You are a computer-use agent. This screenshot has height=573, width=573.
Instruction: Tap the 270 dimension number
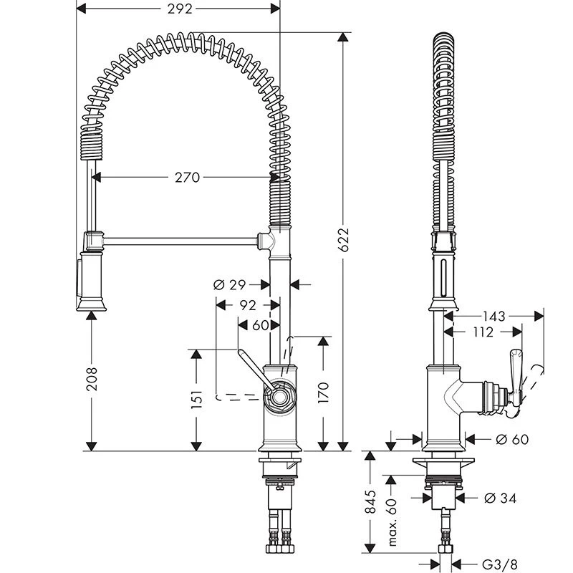click(187, 177)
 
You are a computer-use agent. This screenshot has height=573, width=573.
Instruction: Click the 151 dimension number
click(198, 399)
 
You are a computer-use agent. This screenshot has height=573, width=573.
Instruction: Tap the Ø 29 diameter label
click(230, 284)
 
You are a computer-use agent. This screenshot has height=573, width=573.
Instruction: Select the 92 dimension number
click(247, 304)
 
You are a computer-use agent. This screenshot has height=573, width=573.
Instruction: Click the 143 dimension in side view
click(493, 315)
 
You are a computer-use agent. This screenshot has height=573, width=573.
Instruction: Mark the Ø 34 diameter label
click(500, 497)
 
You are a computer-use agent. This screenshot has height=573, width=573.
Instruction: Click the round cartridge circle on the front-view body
click(279, 396)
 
